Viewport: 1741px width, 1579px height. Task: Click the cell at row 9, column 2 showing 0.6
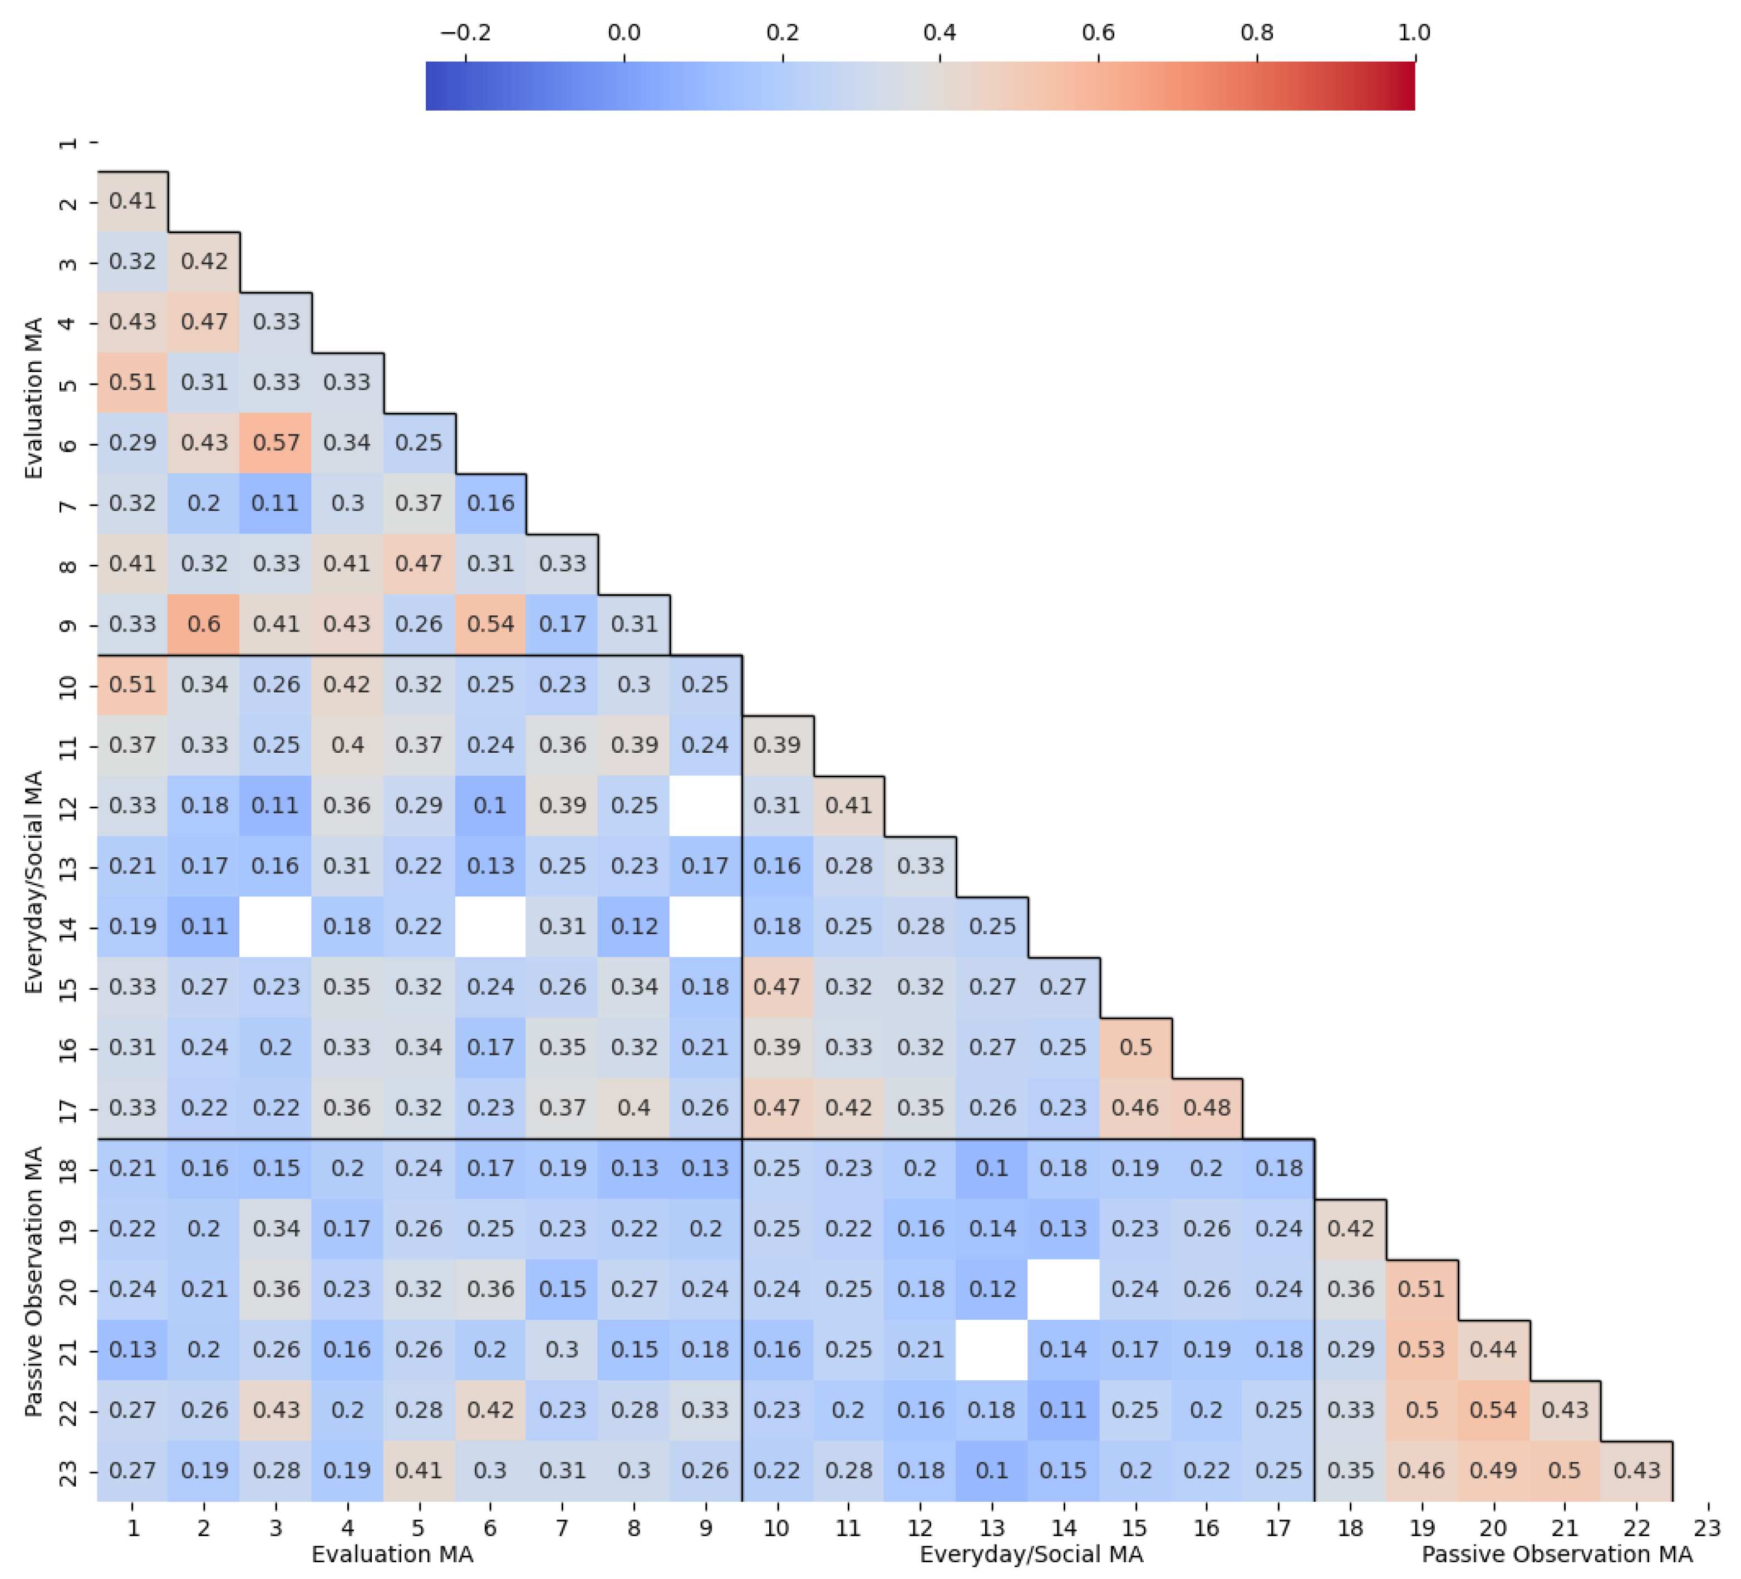tap(204, 624)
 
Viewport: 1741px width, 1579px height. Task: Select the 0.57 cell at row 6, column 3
tap(276, 443)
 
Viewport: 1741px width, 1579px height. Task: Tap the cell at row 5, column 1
tap(132, 382)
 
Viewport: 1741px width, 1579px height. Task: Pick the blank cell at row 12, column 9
tap(706, 806)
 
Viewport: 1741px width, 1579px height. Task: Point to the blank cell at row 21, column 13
tap(991, 1349)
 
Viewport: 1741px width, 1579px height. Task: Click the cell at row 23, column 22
tap(1636, 1470)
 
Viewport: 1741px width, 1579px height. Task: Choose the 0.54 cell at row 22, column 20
tap(1493, 1410)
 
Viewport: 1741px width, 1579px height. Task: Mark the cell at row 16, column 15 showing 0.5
tap(1135, 1047)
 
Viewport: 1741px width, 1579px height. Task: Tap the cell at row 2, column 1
tap(132, 201)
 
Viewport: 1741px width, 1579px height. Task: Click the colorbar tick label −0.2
tap(465, 33)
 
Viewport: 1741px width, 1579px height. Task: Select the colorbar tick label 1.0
tap(1414, 33)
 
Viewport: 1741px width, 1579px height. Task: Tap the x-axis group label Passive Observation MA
tap(1557, 1555)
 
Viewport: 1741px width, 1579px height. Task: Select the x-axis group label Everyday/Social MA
tap(1031, 1555)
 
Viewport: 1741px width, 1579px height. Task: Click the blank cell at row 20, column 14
tap(1063, 1289)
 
